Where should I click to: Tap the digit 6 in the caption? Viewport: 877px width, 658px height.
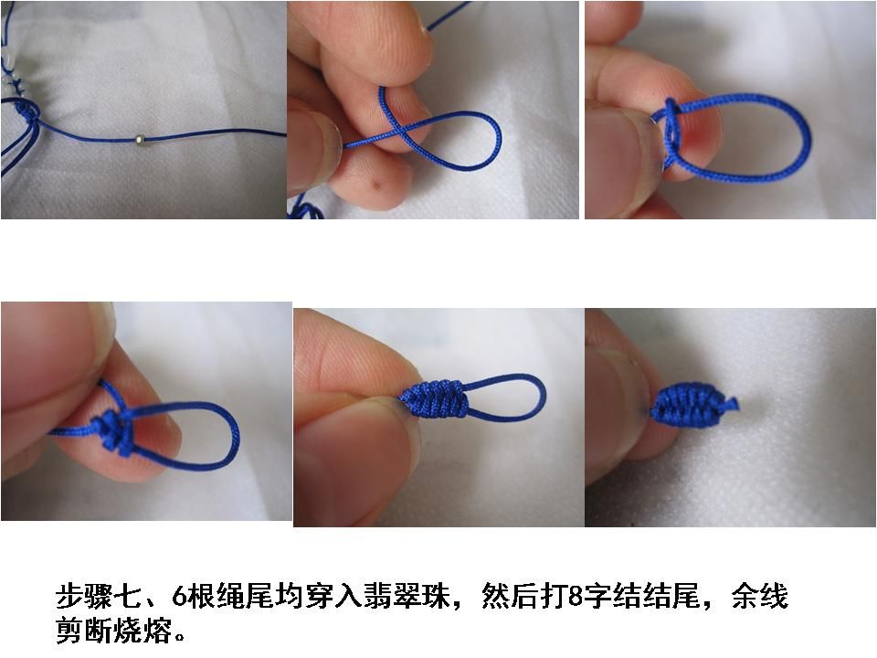[179, 597]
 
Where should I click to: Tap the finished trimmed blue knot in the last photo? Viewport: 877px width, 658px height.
[692, 405]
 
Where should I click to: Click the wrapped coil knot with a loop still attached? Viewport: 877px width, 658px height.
[433, 398]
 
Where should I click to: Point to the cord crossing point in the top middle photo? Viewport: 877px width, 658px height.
[405, 133]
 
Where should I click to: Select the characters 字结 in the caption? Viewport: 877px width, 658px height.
[612, 597]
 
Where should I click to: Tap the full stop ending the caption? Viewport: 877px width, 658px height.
[180, 638]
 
